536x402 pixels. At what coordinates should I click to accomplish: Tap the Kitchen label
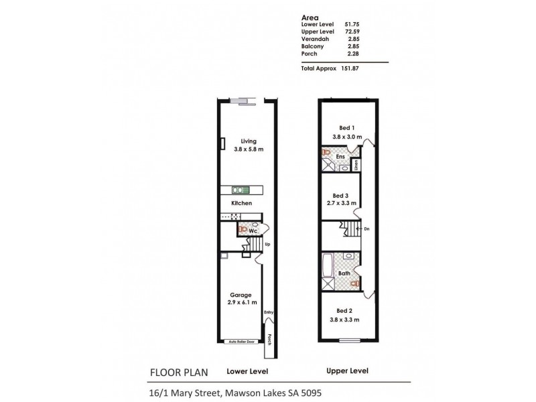(241, 202)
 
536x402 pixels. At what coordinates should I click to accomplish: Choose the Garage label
(241, 295)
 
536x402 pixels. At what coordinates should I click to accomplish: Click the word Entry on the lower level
(269, 312)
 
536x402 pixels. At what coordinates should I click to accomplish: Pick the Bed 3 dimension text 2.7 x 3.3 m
(343, 202)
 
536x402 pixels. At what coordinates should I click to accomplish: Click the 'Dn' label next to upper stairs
(366, 229)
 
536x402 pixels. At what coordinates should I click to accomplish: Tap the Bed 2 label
(344, 310)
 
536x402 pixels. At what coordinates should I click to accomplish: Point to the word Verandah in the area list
(315, 39)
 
